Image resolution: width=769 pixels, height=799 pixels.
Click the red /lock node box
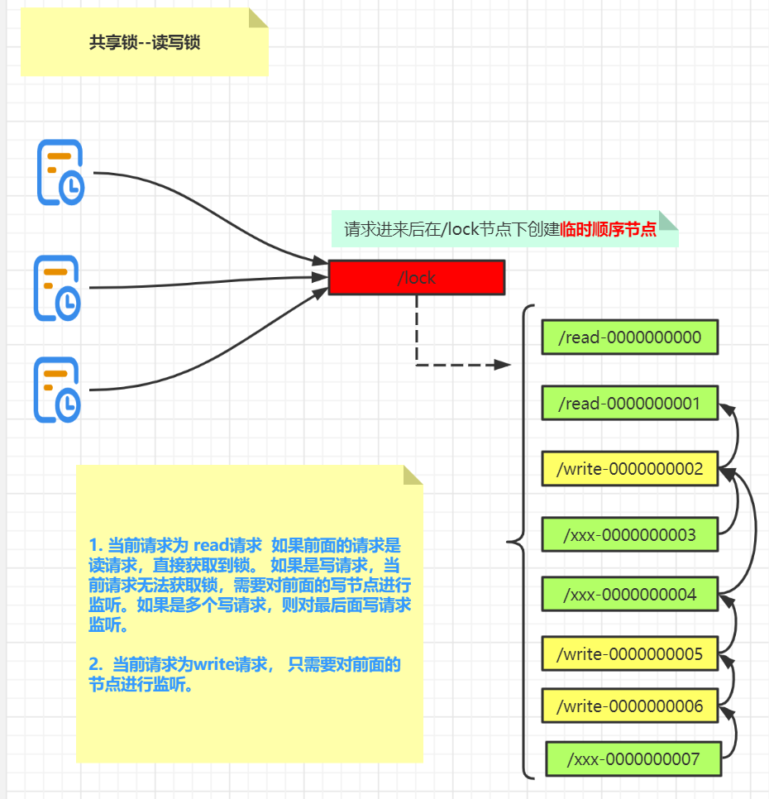[416, 278]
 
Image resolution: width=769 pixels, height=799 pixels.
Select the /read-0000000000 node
[630, 337]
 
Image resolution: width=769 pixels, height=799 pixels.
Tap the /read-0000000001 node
[630, 404]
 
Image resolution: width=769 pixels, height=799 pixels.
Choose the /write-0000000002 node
[630, 469]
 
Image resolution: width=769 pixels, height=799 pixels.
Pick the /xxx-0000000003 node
[630, 535]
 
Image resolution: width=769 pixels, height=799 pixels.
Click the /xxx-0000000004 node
[630, 595]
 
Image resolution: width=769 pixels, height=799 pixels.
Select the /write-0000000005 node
[630, 654]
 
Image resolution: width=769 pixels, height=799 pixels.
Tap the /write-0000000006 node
[630, 706]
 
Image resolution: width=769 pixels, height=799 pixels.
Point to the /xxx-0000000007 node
[633, 759]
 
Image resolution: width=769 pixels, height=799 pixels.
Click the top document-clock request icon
[60, 172]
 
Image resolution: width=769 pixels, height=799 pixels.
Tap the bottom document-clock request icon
[57, 390]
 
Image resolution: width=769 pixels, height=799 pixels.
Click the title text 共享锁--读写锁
[145, 43]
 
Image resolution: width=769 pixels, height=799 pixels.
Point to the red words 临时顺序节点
[609, 230]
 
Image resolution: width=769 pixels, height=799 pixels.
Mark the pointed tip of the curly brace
[509, 543]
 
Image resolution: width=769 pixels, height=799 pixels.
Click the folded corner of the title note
[257, 19]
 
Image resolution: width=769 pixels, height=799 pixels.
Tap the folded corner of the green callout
[667, 220]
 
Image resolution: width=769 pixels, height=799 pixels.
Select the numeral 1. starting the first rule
[95, 546]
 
